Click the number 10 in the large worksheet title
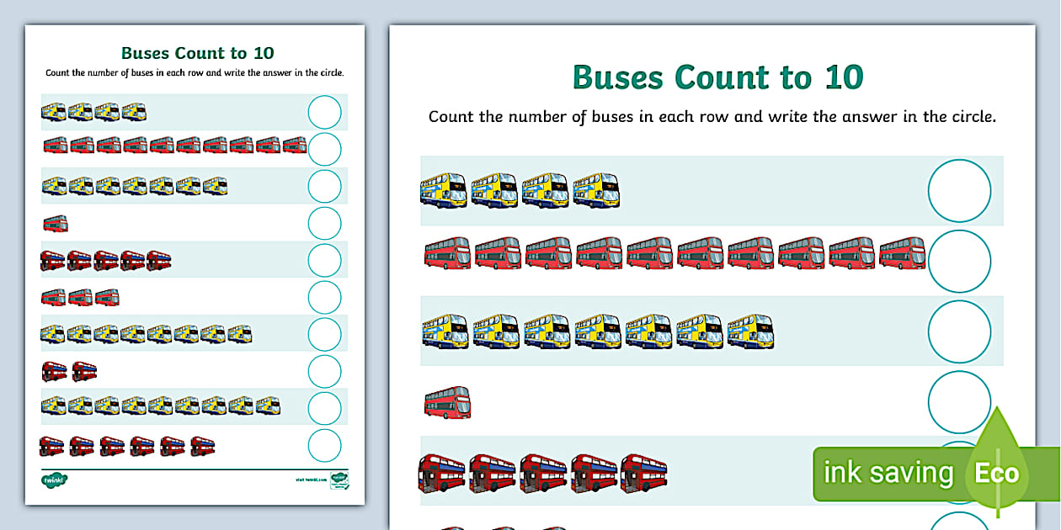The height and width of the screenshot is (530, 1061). click(x=839, y=77)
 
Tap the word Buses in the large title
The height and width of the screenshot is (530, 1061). click(x=618, y=77)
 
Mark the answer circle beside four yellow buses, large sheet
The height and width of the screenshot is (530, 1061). click(x=959, y=191)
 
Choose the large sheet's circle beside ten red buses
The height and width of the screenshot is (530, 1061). click(x=959, y=261)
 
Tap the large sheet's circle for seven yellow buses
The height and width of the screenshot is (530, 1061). click(x=959, y=331)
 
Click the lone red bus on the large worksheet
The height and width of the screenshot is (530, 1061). click(x=447, y=402)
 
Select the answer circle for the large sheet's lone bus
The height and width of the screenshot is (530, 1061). click(x=959, y=402)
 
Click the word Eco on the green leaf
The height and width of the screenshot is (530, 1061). click(x=997, y=473)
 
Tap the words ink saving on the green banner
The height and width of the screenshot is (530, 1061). click(x=888, y=474)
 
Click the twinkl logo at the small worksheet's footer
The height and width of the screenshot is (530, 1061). click(x=54, y=480)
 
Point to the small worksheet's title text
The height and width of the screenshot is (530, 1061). click(x=198, y=53)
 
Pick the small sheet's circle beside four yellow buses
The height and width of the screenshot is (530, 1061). click(x=324, y=112)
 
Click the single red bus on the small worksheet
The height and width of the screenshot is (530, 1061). click(x=55, y=223)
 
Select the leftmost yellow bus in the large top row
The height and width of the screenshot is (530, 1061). click(x=444, y=190)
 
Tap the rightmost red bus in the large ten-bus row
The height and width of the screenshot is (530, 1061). click(x=902, y=253)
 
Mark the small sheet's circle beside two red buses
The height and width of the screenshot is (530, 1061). click(x=324, y=371)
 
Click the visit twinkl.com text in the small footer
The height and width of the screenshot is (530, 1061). click(x=311, y=480)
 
